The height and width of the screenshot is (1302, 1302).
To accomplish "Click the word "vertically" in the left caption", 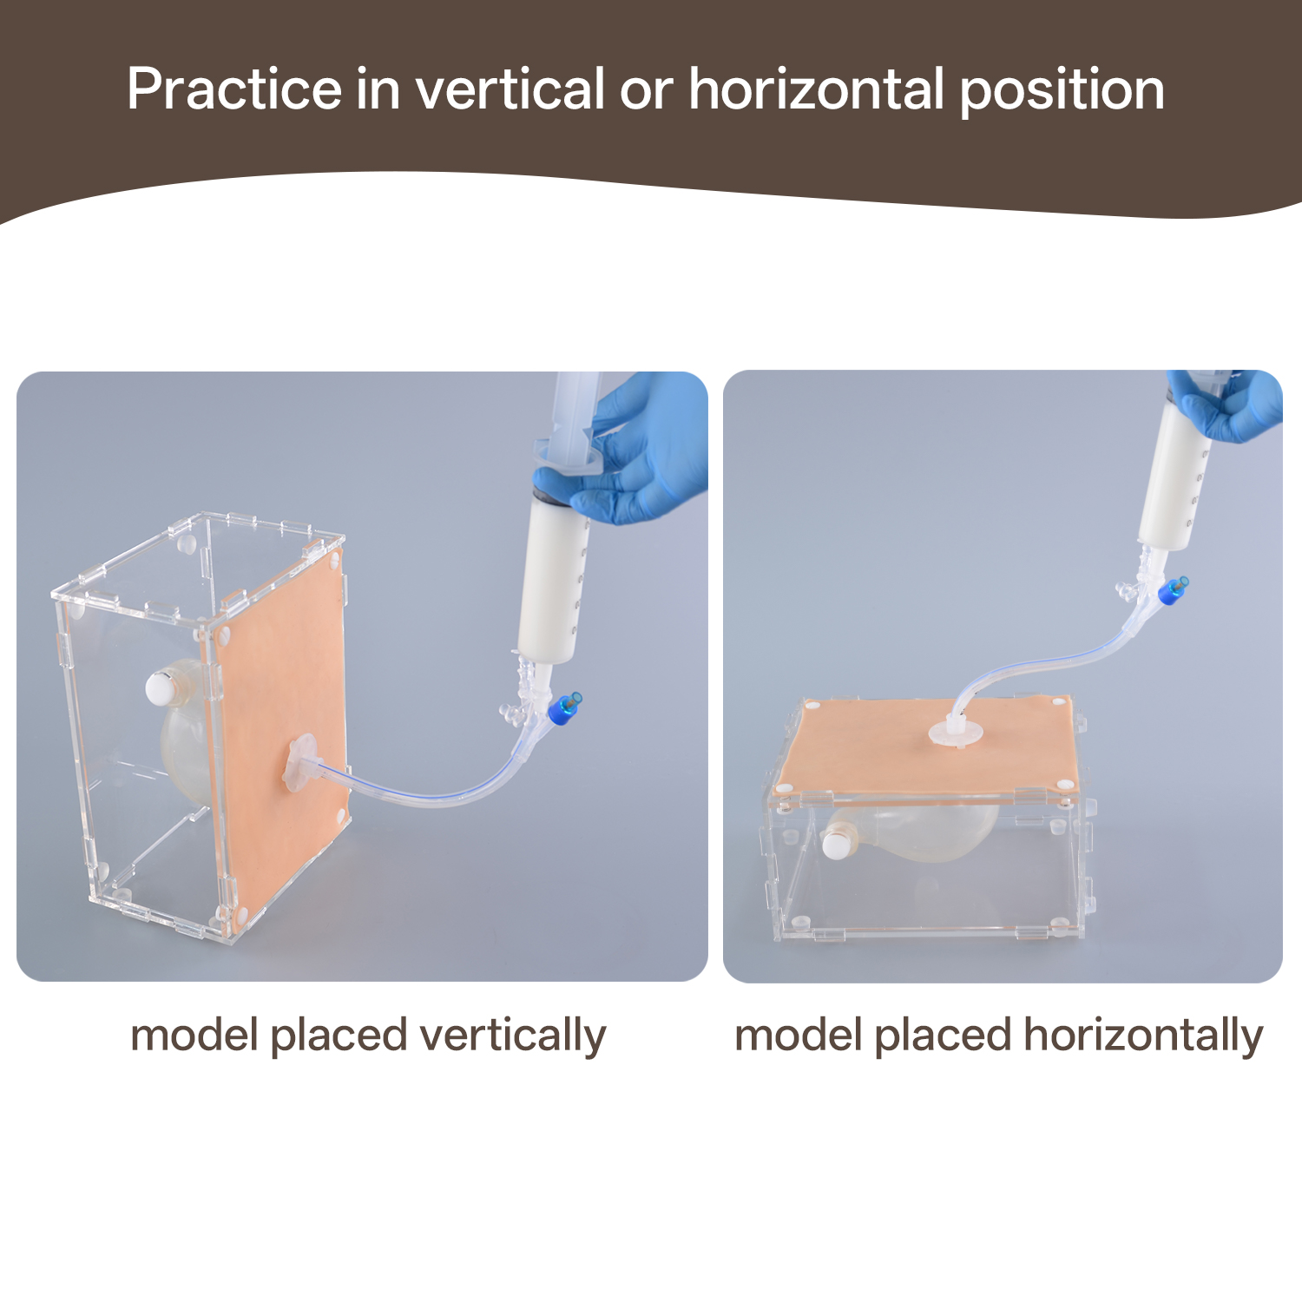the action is click(512, 1036).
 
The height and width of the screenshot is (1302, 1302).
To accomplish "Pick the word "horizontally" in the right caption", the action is click(1143, 1036).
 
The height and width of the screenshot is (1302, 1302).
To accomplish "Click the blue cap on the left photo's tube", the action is click(565, 707).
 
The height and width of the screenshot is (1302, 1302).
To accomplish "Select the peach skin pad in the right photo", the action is click(929, 746).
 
